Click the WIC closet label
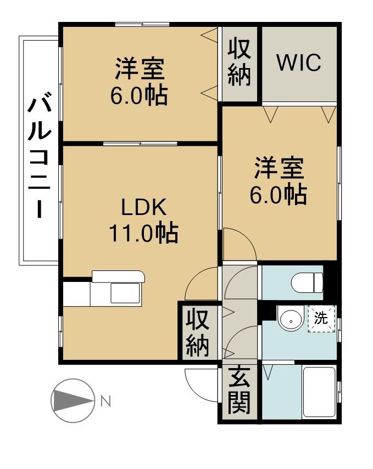(x=299, y=63)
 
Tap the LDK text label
(x=143, y=207)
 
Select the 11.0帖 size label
(x=143, y=233)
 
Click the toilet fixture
(x=307, y=282)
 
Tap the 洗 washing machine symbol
(x=321, y=319)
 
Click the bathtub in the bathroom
(x=319, y=392)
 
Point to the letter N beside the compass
(x=105, y=401)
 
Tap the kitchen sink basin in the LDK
(x=125, y=293)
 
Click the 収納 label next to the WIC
(x=239, y=63)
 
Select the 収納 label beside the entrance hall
(x=197, y=332)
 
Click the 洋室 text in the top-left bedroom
(x=140, y=69)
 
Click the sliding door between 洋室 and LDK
(x=140, y=144)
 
